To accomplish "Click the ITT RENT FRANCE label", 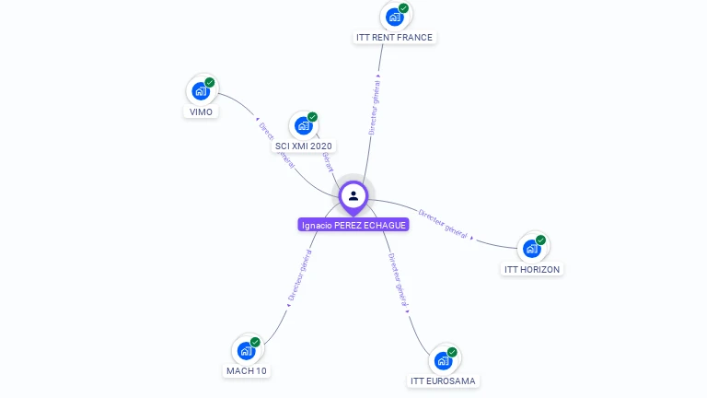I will [394, 38].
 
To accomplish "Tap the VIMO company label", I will [201, 111].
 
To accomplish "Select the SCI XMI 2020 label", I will [304, 146].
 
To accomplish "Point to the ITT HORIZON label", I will [532, 269].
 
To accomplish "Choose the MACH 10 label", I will [246, 370].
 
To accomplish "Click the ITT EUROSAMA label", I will [444, 380].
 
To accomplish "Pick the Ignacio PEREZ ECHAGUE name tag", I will [353, 225].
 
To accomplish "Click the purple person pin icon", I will [353, 196].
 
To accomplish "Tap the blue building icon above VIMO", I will [200, 90].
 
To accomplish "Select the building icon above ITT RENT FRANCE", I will [394, 17].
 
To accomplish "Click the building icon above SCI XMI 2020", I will [303, 125].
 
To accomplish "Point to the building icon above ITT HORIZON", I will [531, 248].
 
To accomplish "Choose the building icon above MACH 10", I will [246, 350].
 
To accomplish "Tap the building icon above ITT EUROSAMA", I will [443, 360].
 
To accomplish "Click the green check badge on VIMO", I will [210, 83].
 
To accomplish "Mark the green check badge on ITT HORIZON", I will [541, 240].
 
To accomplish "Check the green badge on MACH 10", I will [255, 343].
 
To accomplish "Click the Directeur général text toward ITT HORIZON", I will [443, 224].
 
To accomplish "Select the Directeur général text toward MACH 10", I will [299, 275].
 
